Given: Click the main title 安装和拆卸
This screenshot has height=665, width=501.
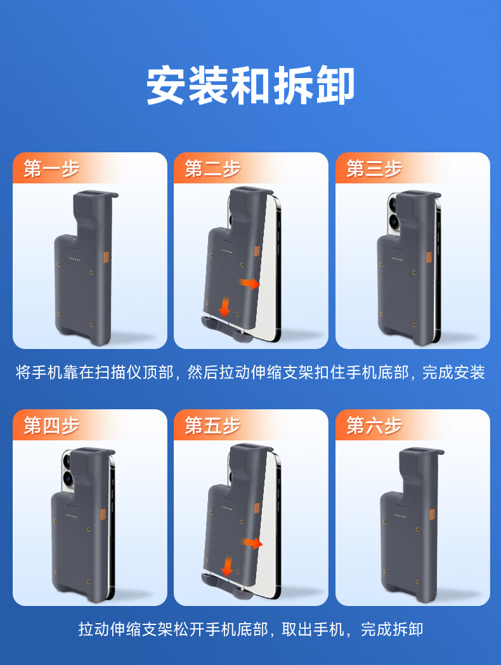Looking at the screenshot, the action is [251, 86].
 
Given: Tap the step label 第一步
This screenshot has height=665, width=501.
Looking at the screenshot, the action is [51, 168].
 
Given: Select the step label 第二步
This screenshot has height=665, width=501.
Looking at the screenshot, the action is [212, 168].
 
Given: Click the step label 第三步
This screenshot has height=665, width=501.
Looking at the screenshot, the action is [374, 168].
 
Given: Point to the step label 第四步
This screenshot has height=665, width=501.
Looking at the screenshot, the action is [51, 425].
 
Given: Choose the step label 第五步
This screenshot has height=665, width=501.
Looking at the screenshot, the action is [212, 425].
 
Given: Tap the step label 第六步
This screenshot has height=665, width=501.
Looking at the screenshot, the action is [374, 425].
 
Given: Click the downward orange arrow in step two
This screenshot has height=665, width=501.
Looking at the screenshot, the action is [224, 307].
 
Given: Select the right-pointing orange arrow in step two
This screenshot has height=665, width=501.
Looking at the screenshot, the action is [250, 283].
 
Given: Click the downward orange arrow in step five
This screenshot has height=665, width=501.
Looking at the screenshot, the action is [228, 567].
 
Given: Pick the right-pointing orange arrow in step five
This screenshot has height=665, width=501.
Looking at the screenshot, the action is [252, 543].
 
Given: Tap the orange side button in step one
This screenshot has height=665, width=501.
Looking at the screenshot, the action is [106, 258].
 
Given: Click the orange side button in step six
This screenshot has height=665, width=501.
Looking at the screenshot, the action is [432, 515].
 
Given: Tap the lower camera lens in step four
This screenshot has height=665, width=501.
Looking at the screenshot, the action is [68, 478].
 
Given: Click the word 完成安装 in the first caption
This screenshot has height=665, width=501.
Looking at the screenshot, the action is [453, 372].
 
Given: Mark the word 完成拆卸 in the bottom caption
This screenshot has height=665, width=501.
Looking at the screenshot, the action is [392, 629].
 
